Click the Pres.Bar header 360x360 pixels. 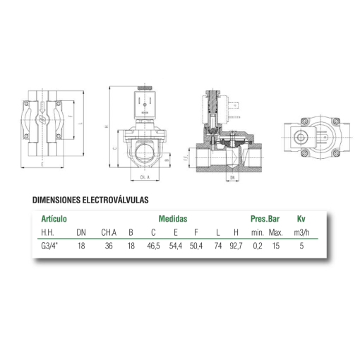266,219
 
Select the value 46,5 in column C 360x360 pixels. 152,246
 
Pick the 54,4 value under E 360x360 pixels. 175,246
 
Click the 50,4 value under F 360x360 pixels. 196,246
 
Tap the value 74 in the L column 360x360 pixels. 217,246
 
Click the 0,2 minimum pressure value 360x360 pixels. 258,246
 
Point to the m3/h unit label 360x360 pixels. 301,232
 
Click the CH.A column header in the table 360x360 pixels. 108,232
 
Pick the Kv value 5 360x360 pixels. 301,246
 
